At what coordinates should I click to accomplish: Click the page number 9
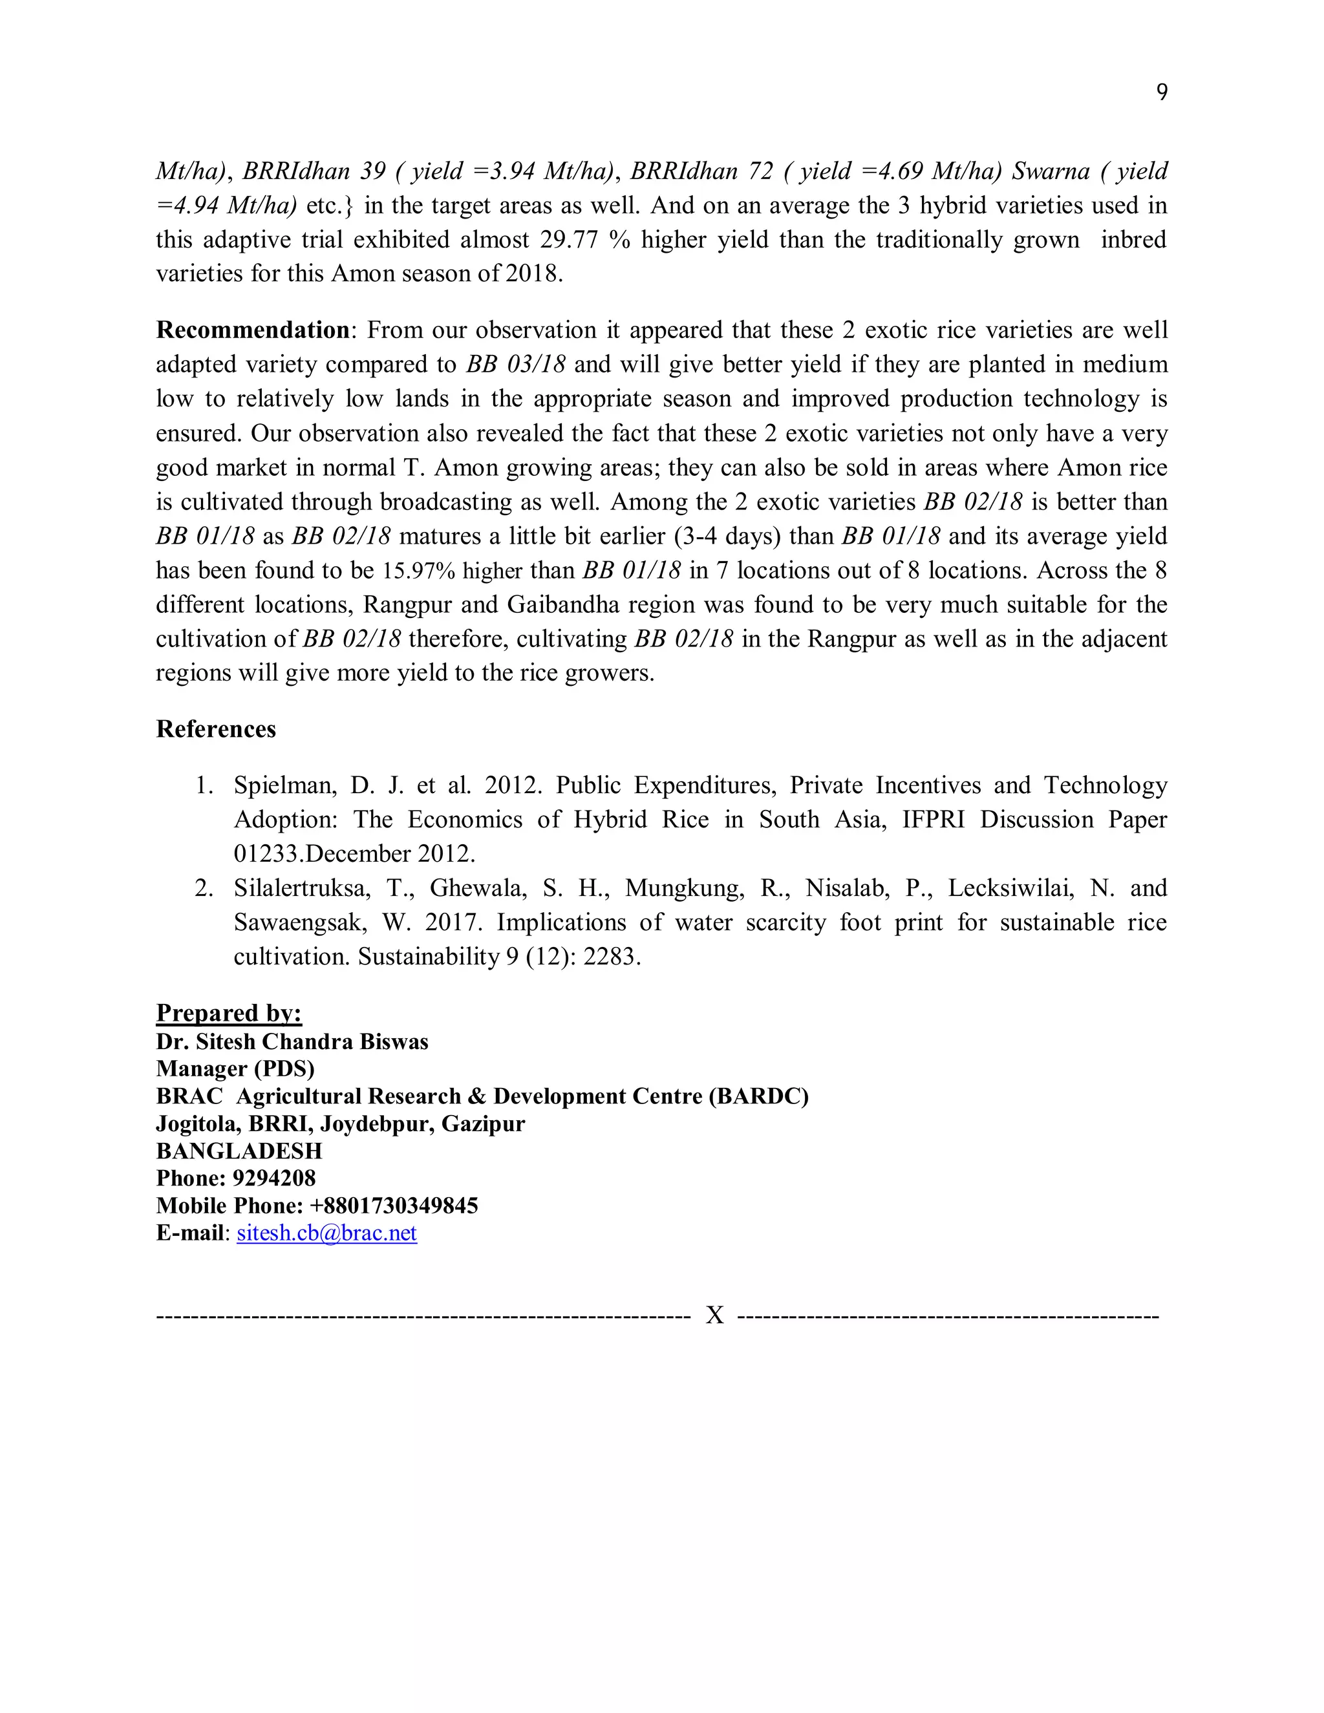point(1162,92)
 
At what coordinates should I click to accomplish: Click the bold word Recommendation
point(253,330)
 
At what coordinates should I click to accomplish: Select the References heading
point(216,729)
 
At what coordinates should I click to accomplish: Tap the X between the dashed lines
point(714,1315)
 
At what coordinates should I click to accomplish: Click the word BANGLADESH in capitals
point(239,1151)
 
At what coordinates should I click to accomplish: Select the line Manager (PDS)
point(235,1069)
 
